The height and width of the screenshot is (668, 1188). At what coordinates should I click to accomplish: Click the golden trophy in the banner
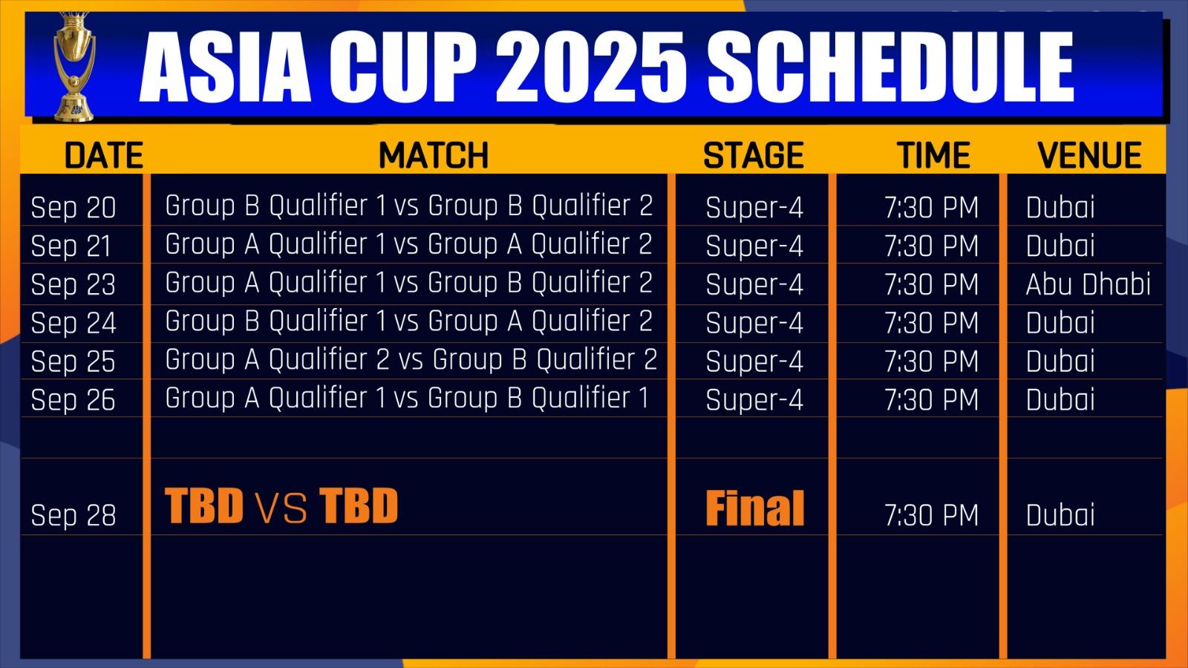coord(75,66)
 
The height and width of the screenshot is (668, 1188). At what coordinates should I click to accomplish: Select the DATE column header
coord(104,155)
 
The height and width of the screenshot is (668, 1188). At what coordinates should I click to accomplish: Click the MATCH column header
coord(434,155)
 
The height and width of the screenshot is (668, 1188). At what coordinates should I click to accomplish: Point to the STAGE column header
coord(753,155)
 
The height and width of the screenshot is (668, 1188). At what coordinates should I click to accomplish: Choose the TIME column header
coord(934,155)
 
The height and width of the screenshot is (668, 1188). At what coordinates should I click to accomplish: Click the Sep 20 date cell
coord(74,207)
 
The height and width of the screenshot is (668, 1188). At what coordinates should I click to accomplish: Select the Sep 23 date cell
coord(74,284)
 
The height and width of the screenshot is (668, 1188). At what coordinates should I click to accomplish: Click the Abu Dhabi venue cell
coord(1089,284)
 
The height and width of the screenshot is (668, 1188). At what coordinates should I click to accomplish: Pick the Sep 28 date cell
coord(74,515)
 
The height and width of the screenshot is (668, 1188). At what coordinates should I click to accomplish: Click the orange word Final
coord(754,508)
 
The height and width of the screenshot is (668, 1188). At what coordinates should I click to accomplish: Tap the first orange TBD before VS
coord(204,505)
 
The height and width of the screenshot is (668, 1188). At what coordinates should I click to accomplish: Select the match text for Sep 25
coord(411,359)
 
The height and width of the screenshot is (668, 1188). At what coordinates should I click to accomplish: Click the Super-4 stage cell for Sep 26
coord(754,400)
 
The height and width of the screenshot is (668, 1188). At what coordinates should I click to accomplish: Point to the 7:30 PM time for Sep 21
coord(931,246)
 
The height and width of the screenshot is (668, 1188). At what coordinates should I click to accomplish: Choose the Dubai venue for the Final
coord(1060,515)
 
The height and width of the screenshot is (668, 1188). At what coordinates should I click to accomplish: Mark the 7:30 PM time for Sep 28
coord(931,515)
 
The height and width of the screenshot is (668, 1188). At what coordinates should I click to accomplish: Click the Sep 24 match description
coord(408,321)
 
